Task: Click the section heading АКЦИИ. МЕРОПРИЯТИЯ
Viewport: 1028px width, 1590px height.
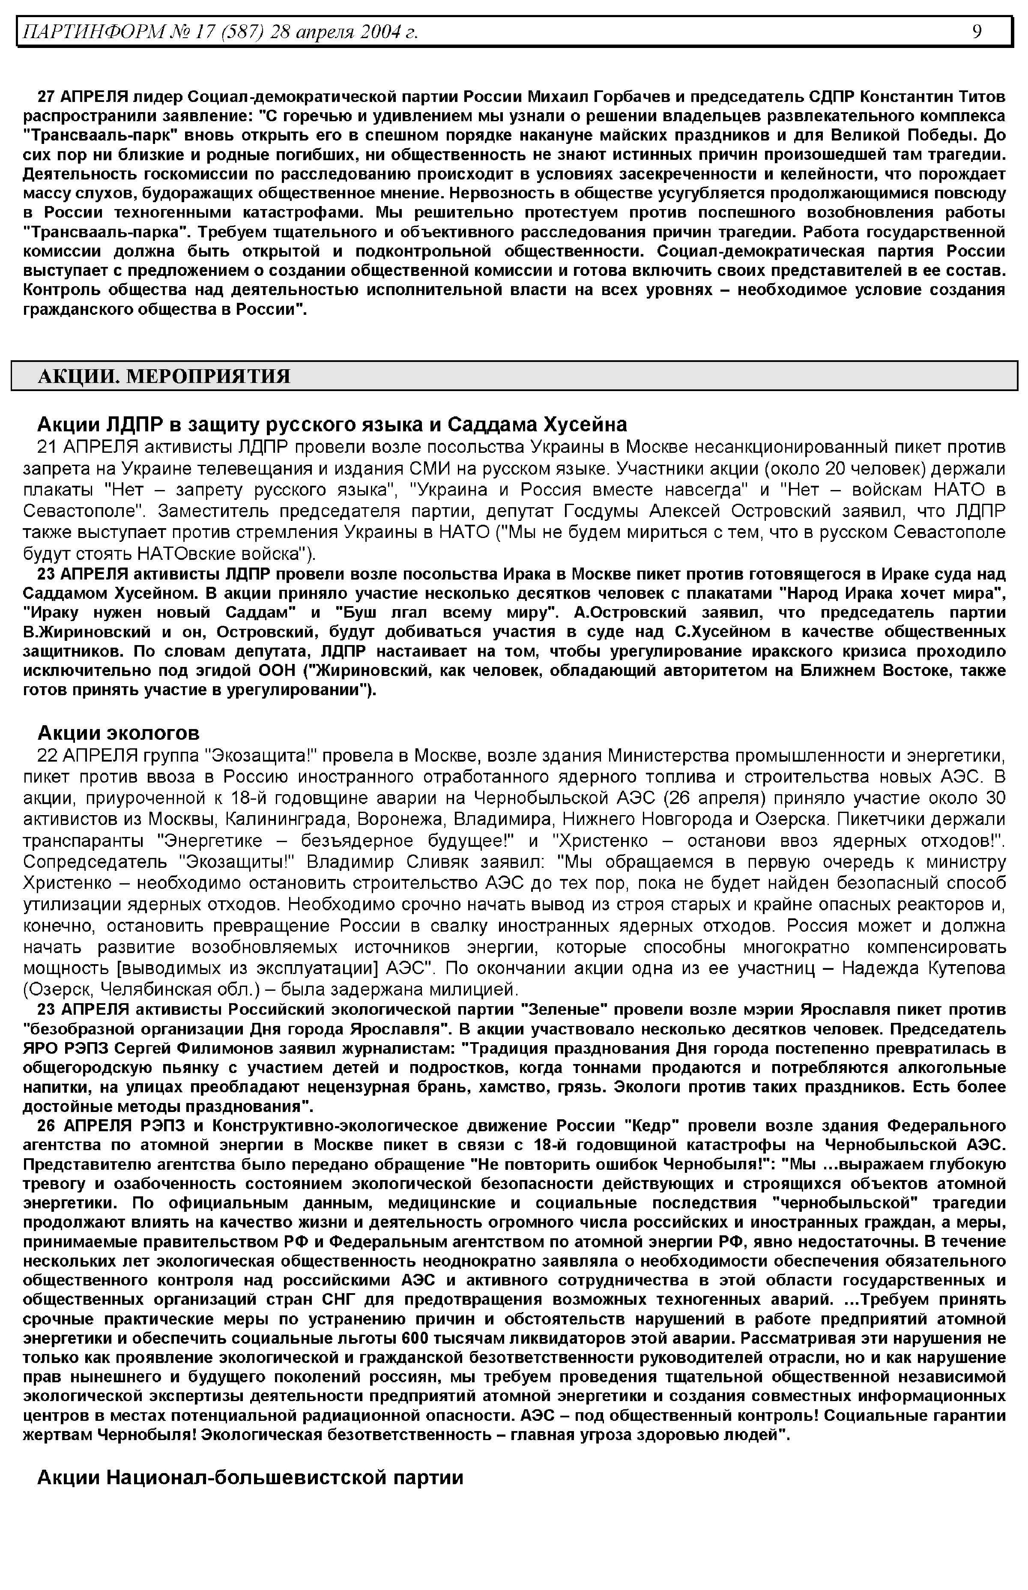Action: click(x=164, y=377)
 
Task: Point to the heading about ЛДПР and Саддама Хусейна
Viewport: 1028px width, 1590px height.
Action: click(x=332, y=424)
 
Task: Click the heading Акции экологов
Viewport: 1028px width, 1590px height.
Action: click(x=118, y=734)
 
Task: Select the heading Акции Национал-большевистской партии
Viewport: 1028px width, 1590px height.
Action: click(x=250, y=1477)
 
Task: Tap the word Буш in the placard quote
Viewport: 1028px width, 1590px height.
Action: click(x=359, y=613)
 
